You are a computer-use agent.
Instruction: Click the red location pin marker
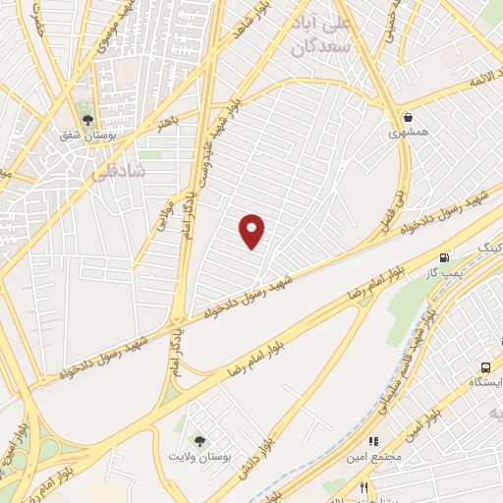(253, 231)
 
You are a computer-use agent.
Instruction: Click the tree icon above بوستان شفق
(87, 120)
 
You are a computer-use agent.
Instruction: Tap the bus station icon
(486, 365)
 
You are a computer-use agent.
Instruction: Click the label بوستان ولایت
(201, 457)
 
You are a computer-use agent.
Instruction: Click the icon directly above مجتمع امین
(373, 442)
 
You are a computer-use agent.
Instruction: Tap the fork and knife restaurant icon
(363, 487)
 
